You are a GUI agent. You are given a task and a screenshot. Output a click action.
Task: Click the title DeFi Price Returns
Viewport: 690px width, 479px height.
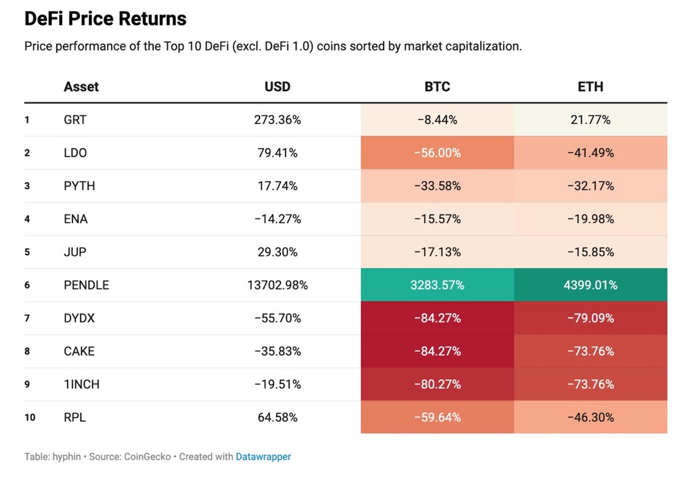pos(106,19)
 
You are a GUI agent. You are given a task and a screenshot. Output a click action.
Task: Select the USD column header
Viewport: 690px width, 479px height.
pos(277,87)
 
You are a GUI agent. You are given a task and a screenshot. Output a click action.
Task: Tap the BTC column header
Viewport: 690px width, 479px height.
pos(437,87)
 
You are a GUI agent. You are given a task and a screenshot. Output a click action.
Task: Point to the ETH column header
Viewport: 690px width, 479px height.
pos(590,87)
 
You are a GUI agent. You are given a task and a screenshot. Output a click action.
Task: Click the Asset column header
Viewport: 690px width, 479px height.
pos(81,87)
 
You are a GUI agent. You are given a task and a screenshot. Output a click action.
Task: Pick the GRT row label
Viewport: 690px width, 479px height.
pos(75,120)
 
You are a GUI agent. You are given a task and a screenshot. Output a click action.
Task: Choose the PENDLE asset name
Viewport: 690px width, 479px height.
pos(86,285)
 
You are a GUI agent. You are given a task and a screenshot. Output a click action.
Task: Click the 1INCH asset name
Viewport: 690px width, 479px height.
pos(81,384)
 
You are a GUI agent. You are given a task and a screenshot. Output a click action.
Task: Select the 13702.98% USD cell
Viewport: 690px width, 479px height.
pos(277,285)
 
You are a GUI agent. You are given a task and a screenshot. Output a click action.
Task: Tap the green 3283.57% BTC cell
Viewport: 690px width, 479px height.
pos(437,285)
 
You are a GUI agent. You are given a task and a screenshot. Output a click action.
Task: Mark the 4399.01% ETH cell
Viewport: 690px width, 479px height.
pos(590,285)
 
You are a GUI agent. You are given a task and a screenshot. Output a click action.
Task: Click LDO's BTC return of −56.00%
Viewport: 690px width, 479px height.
pos(437,153)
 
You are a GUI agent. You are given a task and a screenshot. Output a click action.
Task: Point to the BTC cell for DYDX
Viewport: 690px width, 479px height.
pos(437,318)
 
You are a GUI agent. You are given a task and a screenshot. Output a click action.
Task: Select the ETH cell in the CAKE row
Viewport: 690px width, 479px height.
pos(590,351)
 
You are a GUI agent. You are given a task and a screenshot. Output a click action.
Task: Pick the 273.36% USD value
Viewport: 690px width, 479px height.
pos(277,120)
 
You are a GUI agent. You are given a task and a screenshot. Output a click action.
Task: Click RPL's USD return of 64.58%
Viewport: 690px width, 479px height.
pos(277,417)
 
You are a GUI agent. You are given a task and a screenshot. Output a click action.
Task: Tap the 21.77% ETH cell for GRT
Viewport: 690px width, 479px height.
pos(590,120)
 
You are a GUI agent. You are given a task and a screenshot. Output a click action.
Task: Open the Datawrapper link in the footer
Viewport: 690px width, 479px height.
pos(263,456)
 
